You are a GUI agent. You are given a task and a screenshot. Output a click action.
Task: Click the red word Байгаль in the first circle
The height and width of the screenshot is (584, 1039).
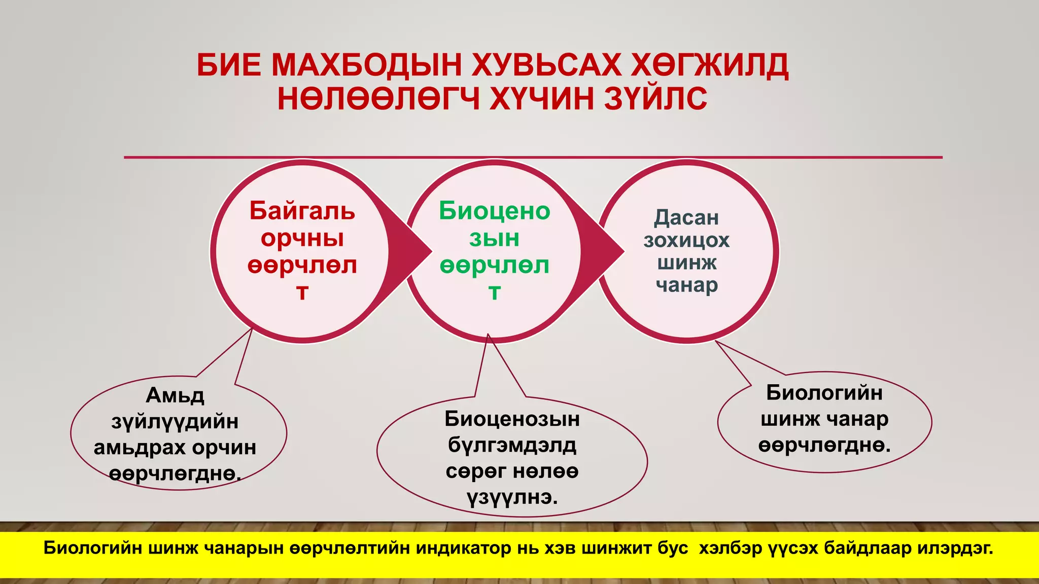pos(302,211)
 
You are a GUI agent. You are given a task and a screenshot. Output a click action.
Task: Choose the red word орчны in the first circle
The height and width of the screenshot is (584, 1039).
pos(302,238)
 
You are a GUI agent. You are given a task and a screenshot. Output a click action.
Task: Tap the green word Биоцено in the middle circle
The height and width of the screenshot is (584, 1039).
pos(495,211)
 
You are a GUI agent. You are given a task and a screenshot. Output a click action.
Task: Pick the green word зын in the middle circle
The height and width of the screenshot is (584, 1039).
pos(495,238)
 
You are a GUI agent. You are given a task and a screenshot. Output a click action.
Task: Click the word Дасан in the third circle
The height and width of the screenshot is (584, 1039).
pos(686,218)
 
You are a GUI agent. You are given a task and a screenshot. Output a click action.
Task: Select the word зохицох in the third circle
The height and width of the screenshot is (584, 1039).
pos(686,240)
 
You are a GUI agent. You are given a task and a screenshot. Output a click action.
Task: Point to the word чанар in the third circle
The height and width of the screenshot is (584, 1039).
pos(686,285)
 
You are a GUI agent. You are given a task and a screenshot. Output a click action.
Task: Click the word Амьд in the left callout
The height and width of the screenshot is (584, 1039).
pos(175,395)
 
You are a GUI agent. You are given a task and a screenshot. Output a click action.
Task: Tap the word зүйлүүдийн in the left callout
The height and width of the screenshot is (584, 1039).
pos(175,422)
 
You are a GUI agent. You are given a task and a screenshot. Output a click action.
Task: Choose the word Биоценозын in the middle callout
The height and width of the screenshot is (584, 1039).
pos(512,419)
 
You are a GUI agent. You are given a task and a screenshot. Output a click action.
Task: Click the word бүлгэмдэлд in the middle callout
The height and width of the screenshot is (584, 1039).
pos(512,446)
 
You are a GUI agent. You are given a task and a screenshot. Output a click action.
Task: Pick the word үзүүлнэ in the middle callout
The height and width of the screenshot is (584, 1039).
pos(512,498)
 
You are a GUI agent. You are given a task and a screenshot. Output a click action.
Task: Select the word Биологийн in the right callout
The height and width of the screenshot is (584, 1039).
pos(824,393)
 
